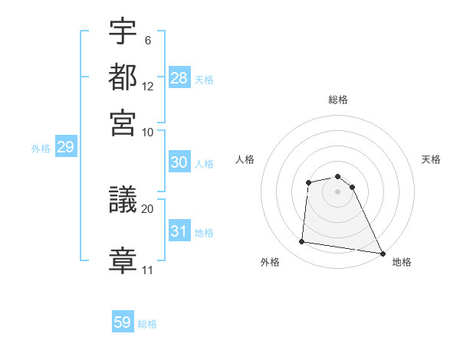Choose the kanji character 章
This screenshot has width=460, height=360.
tap(123, 258)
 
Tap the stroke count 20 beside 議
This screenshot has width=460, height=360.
tap(148, 208)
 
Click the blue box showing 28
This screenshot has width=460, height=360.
tap(179, 77)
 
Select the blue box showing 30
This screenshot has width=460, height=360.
tap(179, 162)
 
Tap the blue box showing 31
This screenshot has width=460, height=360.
tap(179, 231)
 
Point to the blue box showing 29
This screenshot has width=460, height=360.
tap(65, 147)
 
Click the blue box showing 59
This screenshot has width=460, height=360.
tap(123, 322)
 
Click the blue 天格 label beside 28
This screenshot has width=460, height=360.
tap(204, 79)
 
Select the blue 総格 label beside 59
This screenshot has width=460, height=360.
tap(147, 324)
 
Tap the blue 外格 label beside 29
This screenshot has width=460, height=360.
tap(41, 149)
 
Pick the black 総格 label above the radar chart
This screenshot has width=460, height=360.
tap(338, 100)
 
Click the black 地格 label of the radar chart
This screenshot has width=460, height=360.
tap(402, 262)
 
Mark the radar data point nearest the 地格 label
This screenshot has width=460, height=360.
tap(383, 253)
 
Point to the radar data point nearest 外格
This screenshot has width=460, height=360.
tap(302, 242)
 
